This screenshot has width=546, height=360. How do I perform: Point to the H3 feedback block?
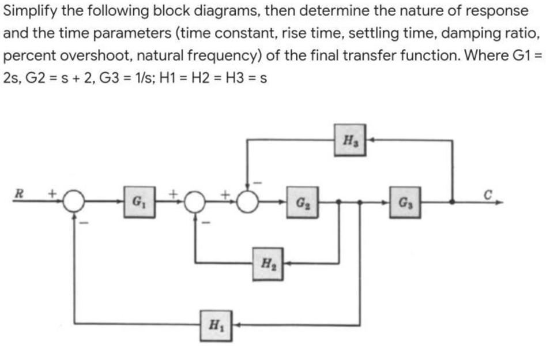[x=349, y=140]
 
